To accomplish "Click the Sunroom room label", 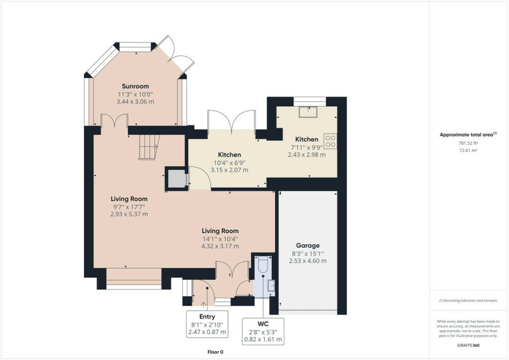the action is coord(135,86).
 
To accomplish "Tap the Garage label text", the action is coord(308,246).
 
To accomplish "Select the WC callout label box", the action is coord(263,332).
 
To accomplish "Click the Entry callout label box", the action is coord(207,324).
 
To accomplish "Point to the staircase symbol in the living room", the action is coord(149,147).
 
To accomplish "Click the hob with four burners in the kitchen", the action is coord(330,141).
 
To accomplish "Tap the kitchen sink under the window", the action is coord(308,112).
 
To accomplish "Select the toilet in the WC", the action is coord(262,265).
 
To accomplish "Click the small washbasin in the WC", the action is coord(271,285).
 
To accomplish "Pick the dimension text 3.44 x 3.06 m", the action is coord(135,101).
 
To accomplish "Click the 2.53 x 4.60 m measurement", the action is coord(308,261).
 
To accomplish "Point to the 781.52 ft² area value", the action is coord(468,143).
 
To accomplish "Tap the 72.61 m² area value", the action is coord(468,150).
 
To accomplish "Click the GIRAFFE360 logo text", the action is coord(468,346).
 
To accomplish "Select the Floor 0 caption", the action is coord(215,352).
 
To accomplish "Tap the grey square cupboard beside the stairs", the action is coord(176,179).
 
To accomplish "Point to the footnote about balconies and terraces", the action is coord(468,301).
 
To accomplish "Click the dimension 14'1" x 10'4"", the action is coord(220,239).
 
